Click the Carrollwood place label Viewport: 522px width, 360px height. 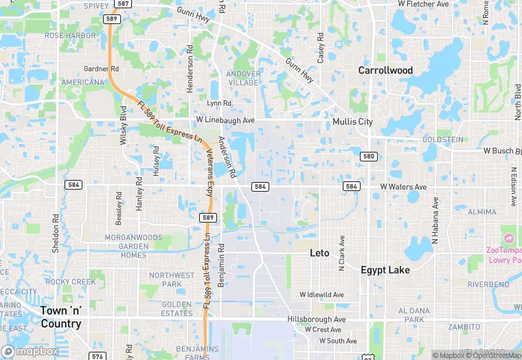coord(385,70)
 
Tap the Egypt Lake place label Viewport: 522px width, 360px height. coord(385,270)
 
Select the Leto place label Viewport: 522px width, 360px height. coord(319,253)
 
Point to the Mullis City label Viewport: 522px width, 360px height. coord(352,122)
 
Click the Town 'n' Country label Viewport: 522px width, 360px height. coord(60,317)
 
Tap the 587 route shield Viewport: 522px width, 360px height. coord(122,3)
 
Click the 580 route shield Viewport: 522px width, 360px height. coord(370,157)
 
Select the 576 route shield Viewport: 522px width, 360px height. coord(98,356)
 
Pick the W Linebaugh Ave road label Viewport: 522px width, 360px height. coord(225,120)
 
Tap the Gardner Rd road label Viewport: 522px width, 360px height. coord(101,69)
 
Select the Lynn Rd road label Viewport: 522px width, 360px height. coord(219,104)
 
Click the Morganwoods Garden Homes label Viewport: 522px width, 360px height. coord(124,246)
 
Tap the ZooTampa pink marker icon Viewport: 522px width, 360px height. coord(508,238)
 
